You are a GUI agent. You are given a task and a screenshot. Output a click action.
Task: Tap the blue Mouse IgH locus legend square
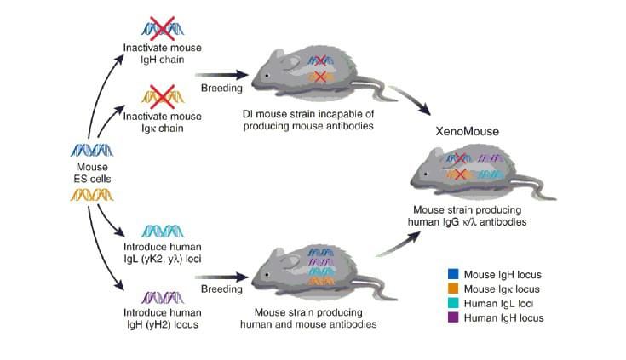pos(454,274)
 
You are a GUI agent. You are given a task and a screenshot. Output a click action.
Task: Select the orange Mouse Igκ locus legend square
pos(454,289)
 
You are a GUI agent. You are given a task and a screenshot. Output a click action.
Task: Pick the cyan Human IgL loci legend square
pos(454,303)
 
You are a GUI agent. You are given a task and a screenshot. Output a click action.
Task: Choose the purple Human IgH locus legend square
pos(454,317)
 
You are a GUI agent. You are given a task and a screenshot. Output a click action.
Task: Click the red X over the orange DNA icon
pos(162,93)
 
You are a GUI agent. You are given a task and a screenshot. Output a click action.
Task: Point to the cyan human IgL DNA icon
pos(162,230)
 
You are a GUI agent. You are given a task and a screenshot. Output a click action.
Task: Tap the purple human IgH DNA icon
pos(162,297)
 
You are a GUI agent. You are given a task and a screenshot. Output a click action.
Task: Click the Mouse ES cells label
pos(92,173)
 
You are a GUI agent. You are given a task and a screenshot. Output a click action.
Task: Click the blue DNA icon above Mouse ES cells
pos(92,151)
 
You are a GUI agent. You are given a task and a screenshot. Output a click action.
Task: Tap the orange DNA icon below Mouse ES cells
pos(92,197)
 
